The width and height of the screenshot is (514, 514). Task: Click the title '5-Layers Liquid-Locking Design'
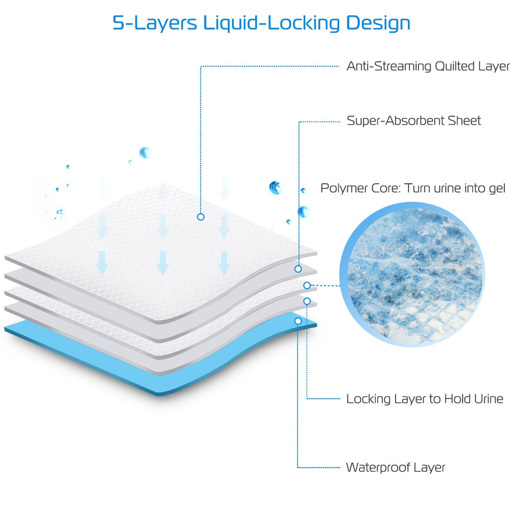(261, 24)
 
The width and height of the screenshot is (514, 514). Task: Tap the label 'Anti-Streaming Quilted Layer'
(428, 67)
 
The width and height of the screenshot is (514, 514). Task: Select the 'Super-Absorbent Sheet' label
(414, 121)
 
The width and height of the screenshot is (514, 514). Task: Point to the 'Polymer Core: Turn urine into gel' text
(412, 188)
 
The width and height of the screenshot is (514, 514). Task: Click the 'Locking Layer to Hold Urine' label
(425, 399)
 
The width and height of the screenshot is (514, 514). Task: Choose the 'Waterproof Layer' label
(396, 468)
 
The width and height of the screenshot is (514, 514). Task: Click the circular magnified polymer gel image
(412, 274)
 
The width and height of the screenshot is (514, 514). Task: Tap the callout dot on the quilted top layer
(201, 217)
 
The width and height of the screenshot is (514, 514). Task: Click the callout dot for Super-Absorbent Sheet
(298, 269)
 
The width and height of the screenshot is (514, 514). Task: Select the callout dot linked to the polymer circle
(307, 285)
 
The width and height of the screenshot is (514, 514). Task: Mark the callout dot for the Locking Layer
(307, 301)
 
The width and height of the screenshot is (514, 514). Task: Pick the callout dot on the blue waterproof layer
(298, 321)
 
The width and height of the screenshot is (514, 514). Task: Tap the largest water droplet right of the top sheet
(275, 188)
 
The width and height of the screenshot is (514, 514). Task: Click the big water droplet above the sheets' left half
(145, 152)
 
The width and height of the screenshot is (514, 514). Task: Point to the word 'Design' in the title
(378, 24)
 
